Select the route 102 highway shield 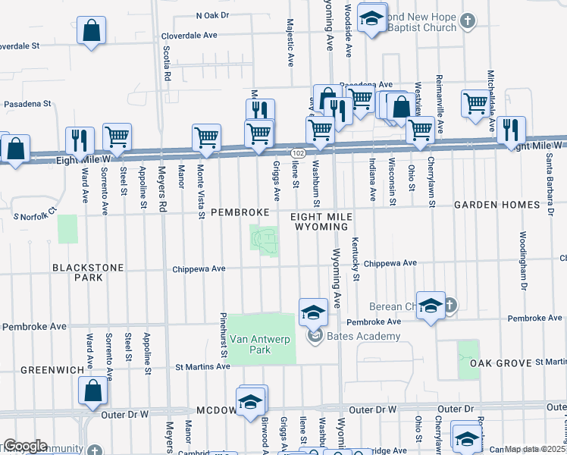(299, 153)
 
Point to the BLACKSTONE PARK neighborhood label (77, 273)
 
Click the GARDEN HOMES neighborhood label (497, 206)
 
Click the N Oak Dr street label (212, 15)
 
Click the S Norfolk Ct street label (36, 215)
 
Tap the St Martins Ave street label (202, 366)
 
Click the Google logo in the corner (24, 446)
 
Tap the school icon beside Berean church (431, 305)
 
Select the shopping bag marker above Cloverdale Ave (91, 32)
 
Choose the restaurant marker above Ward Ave (80, 140)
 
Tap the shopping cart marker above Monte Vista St (206, 137)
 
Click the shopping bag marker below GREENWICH (92, 390)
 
